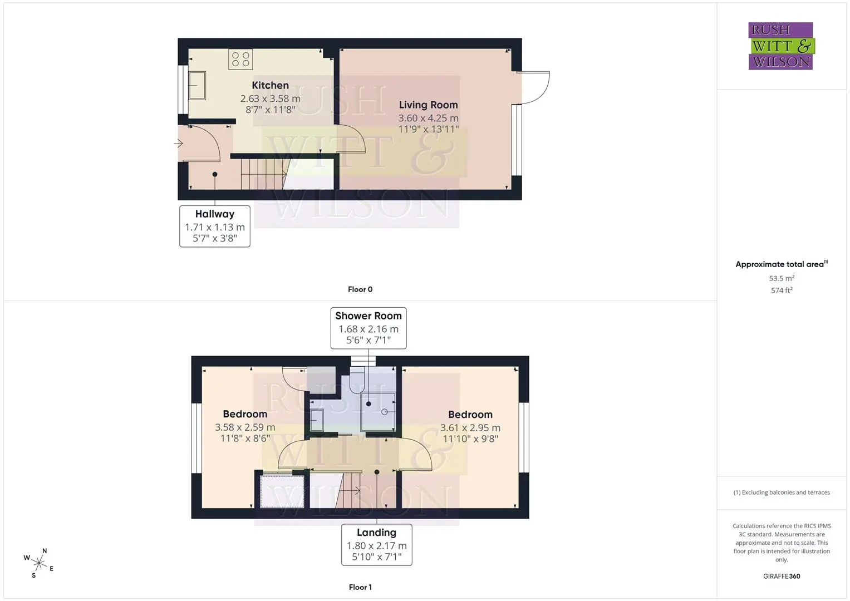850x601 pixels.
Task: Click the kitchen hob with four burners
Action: [240, 59]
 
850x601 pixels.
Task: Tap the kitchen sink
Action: [197, 85]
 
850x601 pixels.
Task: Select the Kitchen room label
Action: [270, 85]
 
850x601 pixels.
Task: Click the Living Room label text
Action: [429, 105]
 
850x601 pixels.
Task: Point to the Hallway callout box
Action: [215, 226]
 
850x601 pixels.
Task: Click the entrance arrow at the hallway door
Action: [178, 144]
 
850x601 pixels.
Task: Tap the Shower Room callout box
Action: [369, 328]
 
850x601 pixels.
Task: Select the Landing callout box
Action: [377, 545]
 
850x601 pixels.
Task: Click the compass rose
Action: [38, 563]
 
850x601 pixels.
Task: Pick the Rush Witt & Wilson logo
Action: [782, 46]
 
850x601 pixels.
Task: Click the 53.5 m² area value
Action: [782, 278]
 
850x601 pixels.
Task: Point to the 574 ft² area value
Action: [782, 290]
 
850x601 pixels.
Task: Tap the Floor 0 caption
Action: [360, 289]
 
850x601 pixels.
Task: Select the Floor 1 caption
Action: [360, 587]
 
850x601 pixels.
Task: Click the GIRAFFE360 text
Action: [782, 577]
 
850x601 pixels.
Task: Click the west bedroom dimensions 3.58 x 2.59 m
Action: [245, 427]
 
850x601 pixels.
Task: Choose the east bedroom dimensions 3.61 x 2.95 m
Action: [470, 427]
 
